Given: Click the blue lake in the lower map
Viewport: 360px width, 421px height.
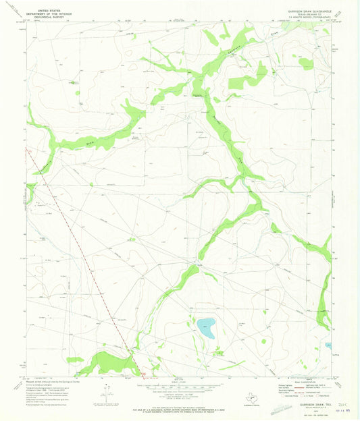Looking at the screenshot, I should point(206,328).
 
